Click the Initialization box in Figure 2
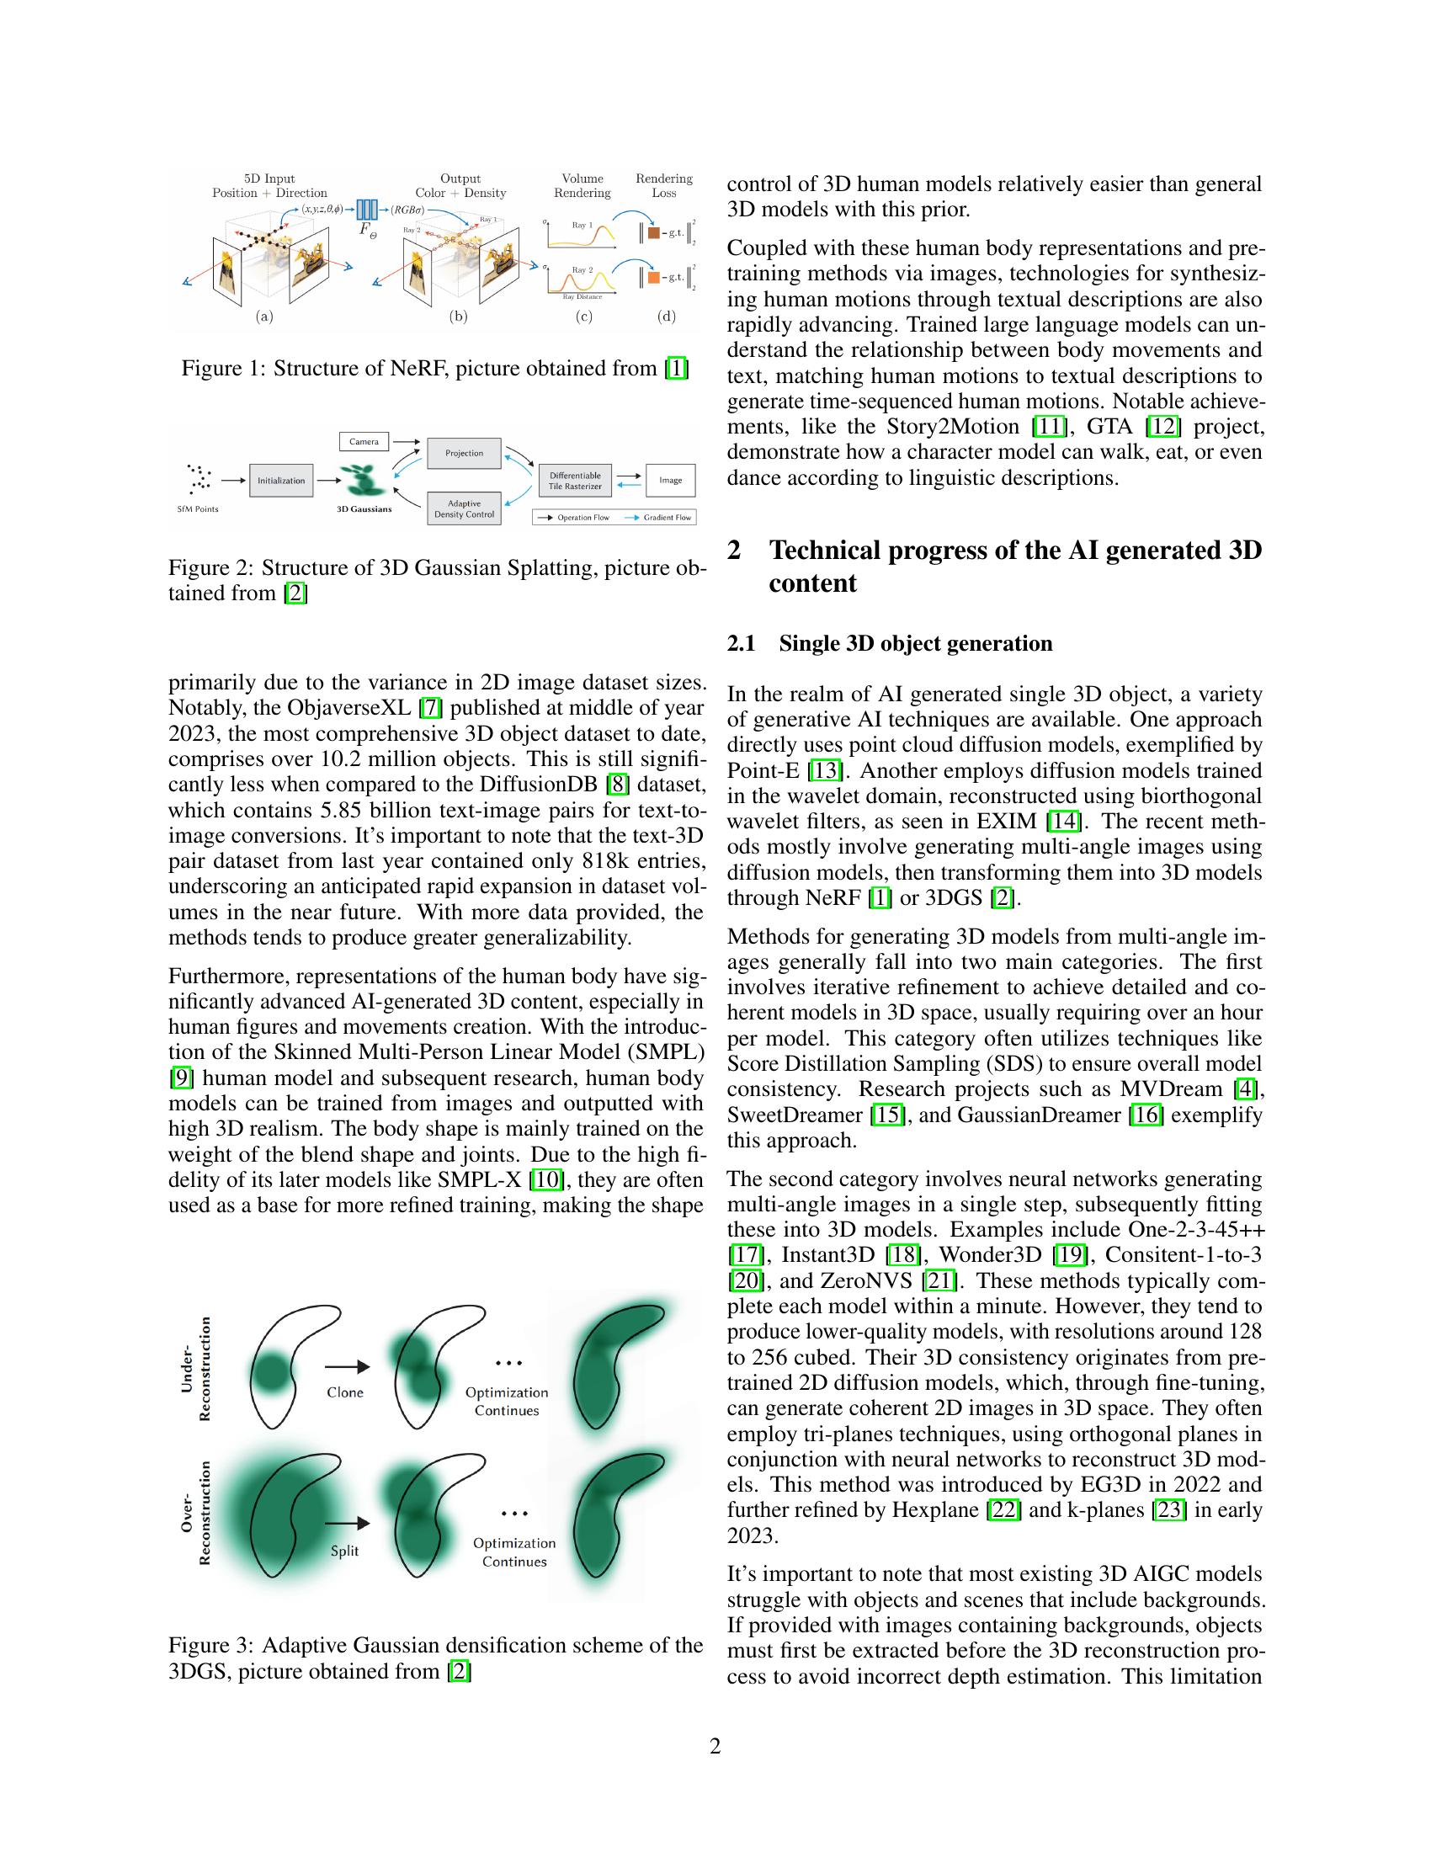point(280,480)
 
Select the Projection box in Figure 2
point(464,453)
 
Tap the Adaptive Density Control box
point(464,508)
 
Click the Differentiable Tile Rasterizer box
point(575,481)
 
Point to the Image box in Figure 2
point(671,480)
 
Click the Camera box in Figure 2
point(364,441)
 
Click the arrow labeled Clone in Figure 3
point(347,1366)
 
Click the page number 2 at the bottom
point(715,1746)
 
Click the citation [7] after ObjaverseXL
point(431,707)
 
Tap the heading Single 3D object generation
point(915,643)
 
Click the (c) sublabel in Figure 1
point(583,317)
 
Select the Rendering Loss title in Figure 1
point(664,186)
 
